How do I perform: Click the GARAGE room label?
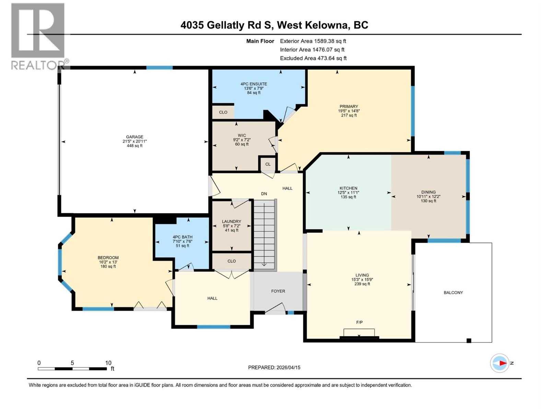(135, 137)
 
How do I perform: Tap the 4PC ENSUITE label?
(254, 84)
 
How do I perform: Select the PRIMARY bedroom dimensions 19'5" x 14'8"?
(349, 111)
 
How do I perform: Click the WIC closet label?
(242, 135)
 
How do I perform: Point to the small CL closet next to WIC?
(268, 164)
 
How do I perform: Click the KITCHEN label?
(348, 188)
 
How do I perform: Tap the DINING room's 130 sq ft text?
(428, 201)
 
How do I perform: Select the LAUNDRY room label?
(231, 221)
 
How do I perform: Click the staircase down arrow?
(265, 264)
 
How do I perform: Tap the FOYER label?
(278, 291)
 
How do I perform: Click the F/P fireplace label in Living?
(359, 322)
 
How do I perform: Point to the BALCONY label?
(453, 293)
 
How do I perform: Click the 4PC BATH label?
(182, 237)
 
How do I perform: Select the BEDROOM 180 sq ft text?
(108, 266)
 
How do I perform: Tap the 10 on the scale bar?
(108, 363)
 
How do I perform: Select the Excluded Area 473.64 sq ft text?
(313, 58)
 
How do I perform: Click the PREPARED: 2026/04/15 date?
(274, 367)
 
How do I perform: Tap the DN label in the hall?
(264, 194)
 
